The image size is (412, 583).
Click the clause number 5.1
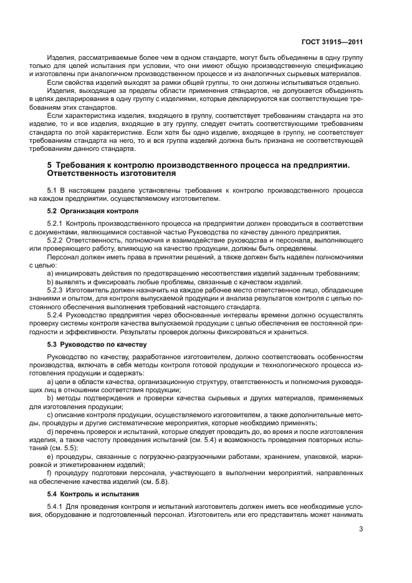tap(52, 189)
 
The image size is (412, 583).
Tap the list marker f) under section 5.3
tap(50, 473)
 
